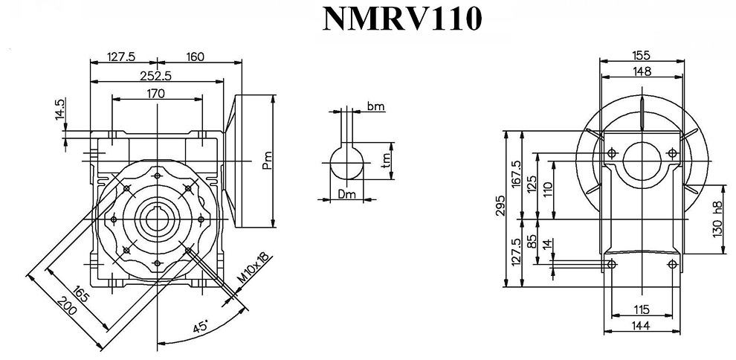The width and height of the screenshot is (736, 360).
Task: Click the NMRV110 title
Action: (x=402, y=20)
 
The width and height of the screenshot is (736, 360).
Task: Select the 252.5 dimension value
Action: (x=155, y=75)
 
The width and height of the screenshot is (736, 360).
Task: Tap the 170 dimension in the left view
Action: (x=155, y=93)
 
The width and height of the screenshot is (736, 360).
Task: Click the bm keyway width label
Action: (x=376, y=107)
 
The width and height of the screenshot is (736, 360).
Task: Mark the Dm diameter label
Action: (x=346, y=195)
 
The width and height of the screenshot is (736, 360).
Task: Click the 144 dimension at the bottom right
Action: (x=642, y=326)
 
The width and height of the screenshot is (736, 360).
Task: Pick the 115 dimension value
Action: (x=642, y=309)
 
